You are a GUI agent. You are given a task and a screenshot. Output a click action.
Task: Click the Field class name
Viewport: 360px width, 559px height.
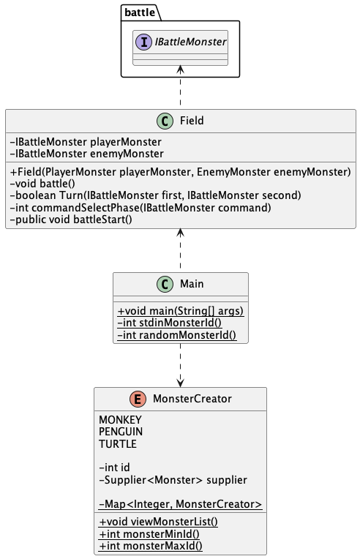click(191, 120)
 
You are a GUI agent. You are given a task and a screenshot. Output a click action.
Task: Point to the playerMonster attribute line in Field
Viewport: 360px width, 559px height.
click(86, 142)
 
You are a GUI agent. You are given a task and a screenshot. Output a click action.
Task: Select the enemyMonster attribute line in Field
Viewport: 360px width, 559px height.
click(87, 154)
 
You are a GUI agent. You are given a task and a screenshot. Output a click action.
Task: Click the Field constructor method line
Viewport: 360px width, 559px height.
click(180, 172)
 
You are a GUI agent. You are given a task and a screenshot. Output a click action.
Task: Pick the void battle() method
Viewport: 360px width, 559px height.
click(44, 184)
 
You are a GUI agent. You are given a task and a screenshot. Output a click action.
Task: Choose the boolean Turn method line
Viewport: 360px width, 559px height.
click(145, 195)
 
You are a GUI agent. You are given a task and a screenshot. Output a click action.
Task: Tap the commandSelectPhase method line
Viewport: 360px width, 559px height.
click(140, 207)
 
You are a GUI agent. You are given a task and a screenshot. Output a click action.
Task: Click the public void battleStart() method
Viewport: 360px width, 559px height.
click(71, 219)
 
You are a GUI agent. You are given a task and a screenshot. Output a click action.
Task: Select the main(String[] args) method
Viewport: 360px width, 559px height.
click(180, 311)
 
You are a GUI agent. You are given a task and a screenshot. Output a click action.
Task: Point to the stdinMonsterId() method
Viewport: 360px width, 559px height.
click(170, 323)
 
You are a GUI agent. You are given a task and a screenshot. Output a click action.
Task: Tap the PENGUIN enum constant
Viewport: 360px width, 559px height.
click(121, 432)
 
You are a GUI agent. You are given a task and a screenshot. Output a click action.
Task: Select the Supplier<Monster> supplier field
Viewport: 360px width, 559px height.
click(173, 480)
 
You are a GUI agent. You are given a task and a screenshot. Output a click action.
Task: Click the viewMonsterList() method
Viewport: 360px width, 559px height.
click(158, 522)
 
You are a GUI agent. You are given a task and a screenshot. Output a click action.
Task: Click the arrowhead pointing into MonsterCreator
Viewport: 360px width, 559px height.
click(180, 382)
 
